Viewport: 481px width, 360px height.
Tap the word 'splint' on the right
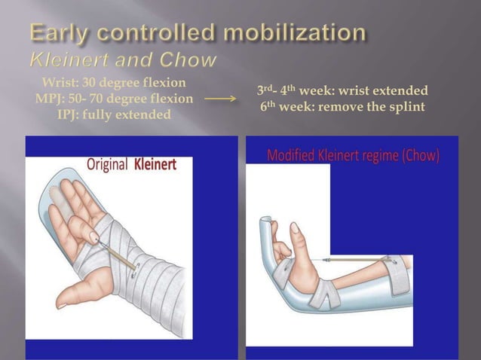point(407,107)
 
